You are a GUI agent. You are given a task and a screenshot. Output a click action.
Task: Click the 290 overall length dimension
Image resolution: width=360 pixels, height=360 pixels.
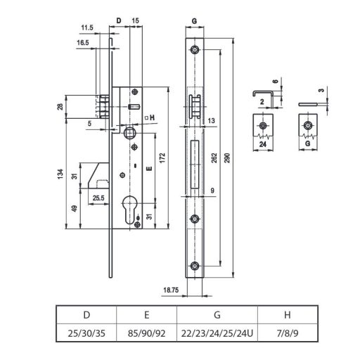[226, 161]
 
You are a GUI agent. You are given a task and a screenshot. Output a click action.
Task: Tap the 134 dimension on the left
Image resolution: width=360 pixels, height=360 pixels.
[61, 173]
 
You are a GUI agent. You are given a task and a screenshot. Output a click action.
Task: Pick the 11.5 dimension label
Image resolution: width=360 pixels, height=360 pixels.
[87, 27]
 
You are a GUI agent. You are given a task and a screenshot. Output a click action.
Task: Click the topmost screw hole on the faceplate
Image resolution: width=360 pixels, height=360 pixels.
[195, 52]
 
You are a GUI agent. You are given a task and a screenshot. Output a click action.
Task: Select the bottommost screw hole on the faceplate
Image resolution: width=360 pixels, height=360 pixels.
[195, 265]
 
